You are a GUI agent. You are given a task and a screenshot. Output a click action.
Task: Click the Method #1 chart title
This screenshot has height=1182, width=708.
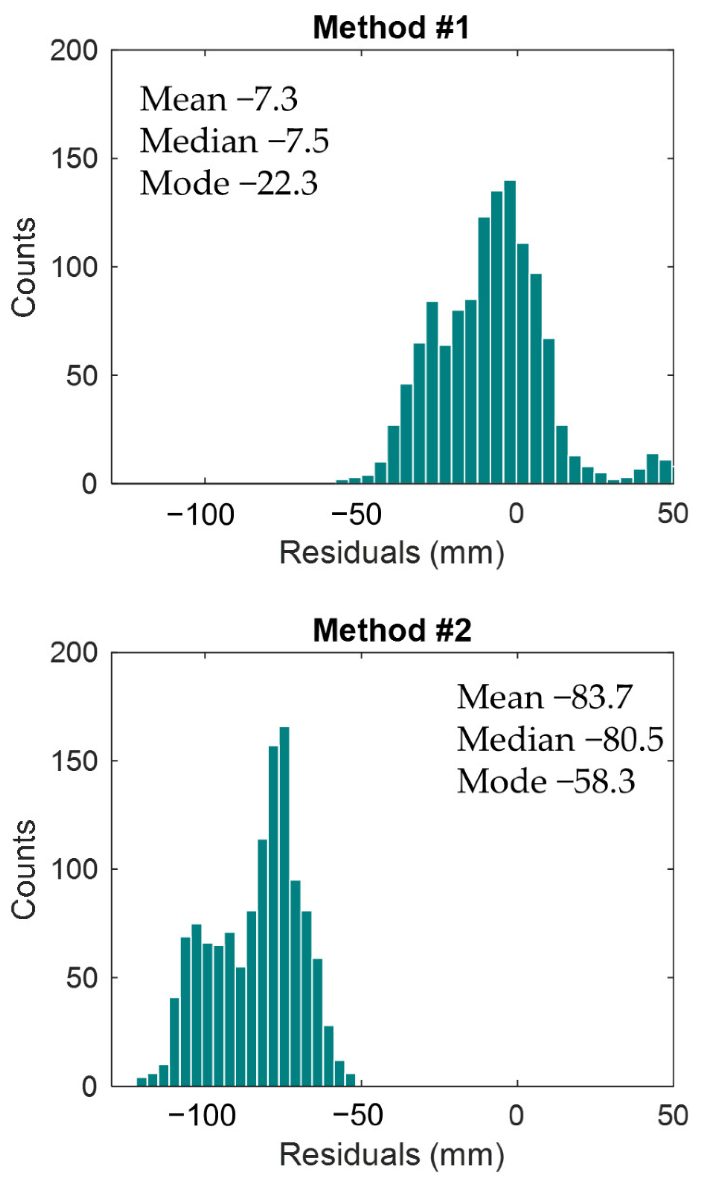pyautogui.click(x=391, y=27)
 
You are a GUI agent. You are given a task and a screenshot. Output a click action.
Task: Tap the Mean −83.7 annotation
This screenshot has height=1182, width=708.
pyautogui.click(x=544, y=697)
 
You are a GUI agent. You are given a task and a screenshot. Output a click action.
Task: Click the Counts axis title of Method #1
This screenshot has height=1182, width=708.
pyautogui.click(x=24, y=267)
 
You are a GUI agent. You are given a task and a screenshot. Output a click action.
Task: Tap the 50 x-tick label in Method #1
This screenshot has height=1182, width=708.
pyautogui.click(x=672, y=514)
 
